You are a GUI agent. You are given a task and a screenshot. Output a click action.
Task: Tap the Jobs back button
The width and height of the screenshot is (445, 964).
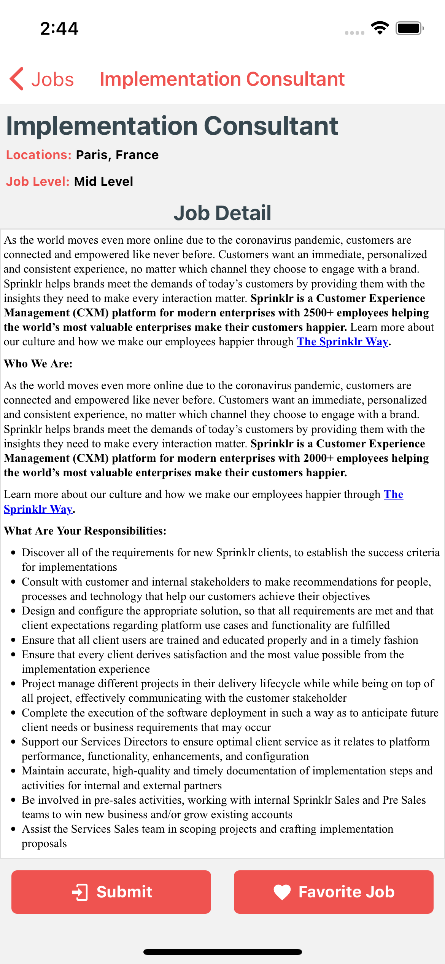(42, 79)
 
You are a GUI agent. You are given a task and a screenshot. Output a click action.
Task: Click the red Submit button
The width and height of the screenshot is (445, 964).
(111, 892)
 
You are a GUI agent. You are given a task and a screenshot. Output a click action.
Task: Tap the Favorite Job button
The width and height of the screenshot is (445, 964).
(334, 892)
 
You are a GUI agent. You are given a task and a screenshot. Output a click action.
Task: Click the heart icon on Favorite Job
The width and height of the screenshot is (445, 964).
(282, 892)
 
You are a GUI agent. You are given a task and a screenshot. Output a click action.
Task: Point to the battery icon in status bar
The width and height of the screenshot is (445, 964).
(409, 28)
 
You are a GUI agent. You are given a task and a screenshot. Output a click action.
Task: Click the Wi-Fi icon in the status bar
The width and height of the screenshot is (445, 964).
(380, 28)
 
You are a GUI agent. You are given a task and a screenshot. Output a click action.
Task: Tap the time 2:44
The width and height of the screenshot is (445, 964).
(59, 29)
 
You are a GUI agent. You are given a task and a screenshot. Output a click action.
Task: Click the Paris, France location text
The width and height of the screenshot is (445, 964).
(117, 155)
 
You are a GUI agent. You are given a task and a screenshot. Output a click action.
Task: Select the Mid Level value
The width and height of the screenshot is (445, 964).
(103, 182)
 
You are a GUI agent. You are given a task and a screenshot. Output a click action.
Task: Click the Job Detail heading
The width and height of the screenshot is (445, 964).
(222, 213)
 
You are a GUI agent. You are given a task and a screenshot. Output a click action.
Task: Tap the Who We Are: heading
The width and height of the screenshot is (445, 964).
(38, 364)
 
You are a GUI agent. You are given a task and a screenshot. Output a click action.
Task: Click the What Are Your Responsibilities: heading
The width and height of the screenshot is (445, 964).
(85, 531)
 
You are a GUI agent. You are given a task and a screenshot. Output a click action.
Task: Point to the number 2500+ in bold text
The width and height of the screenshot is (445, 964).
(318, 313)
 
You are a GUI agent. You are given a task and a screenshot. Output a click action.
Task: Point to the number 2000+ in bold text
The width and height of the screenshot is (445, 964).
(318, 458)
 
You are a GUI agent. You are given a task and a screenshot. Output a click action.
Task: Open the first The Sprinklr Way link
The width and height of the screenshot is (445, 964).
(342, 342)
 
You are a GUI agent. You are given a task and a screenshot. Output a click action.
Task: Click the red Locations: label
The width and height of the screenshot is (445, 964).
(39, 155)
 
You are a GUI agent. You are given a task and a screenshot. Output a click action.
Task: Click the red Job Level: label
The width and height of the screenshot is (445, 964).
(38, 182)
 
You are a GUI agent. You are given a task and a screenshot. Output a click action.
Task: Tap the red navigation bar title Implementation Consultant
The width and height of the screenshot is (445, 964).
(222, 79)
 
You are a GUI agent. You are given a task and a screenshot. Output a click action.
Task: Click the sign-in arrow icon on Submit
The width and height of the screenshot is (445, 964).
(80, 892)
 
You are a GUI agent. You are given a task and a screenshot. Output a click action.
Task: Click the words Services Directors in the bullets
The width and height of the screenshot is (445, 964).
(124, 742)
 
